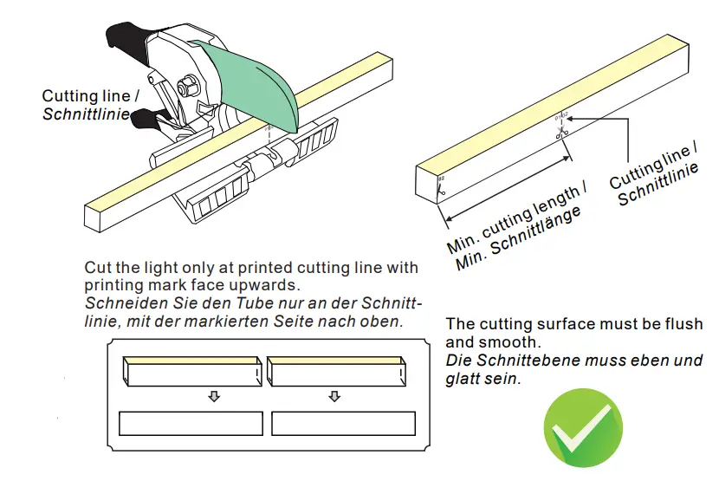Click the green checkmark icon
(582, 430)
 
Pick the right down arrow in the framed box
(335, 397)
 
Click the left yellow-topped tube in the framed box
(191, 371)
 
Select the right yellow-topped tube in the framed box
(336, 371)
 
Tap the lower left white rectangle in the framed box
(191, 423)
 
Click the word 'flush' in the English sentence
(685, 324)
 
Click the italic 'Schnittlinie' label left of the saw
(87, 114)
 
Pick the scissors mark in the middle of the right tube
(560, 133)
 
